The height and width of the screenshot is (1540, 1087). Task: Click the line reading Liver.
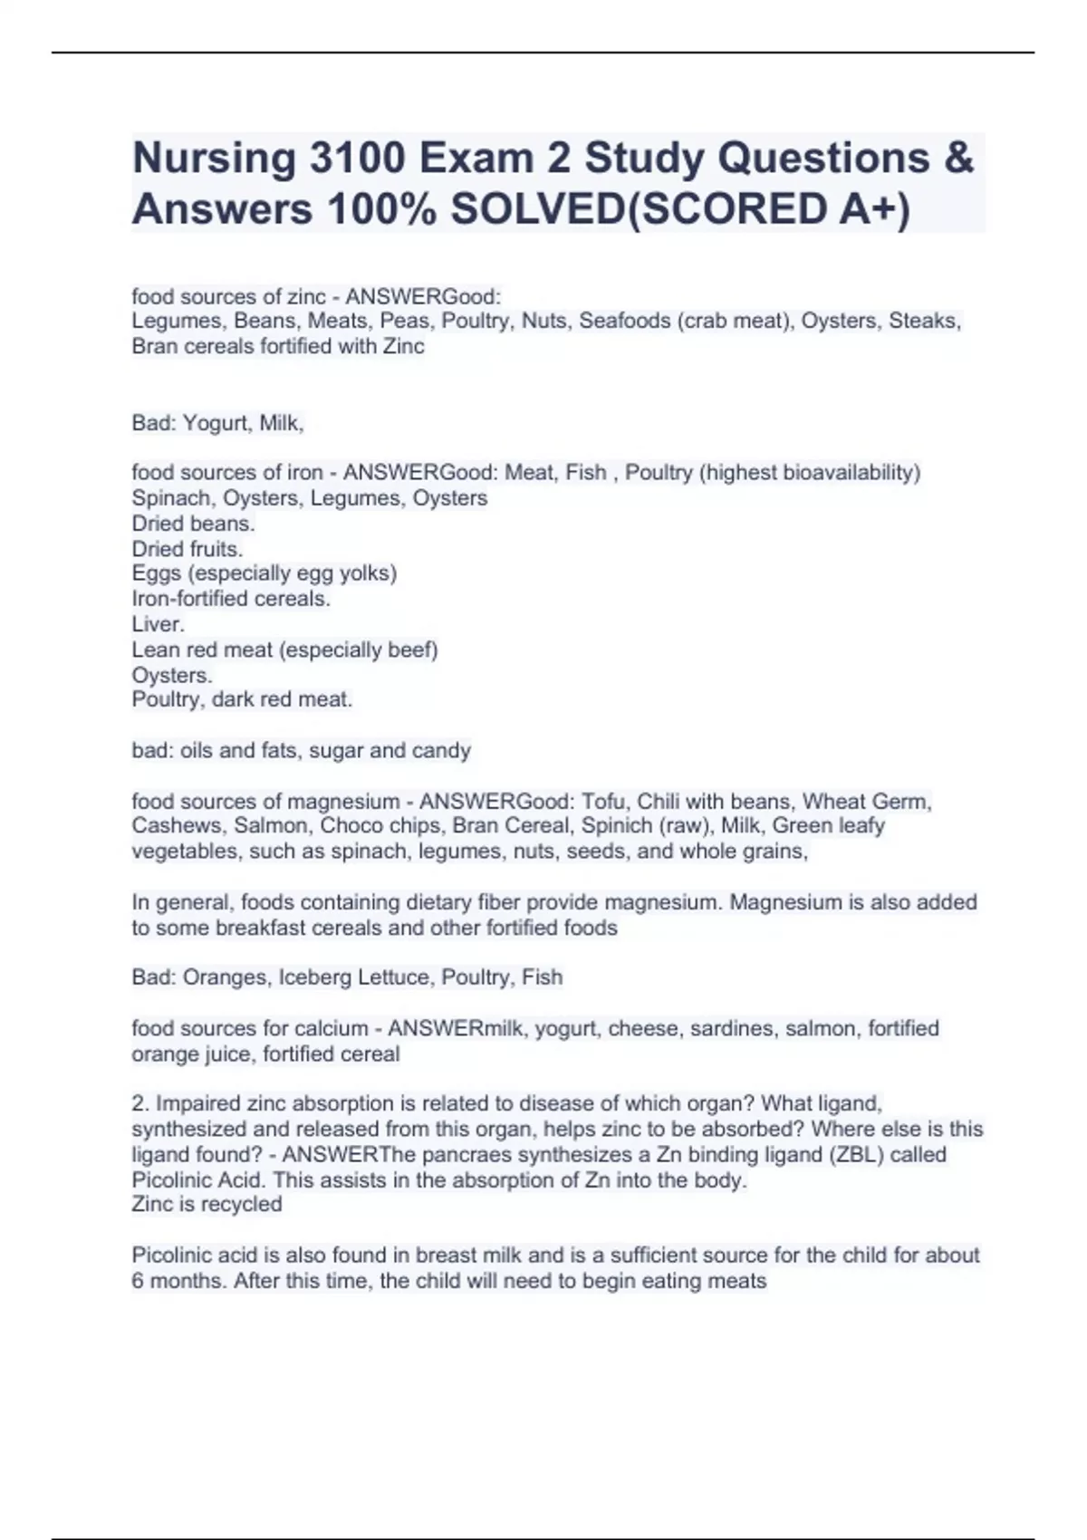coord(159,624)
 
